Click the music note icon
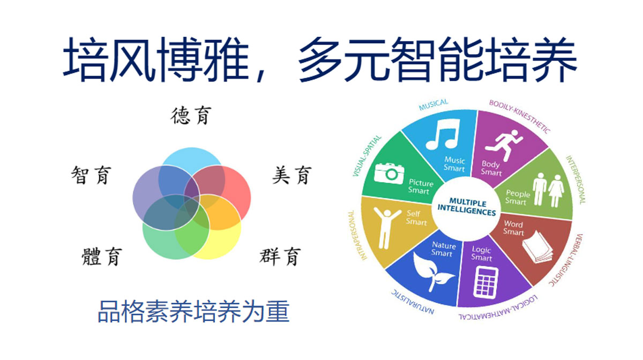pyautogui.click(x=443, y=134)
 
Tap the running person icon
pyautogui.click(x=504, y=146)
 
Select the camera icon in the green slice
pyautogui.click(x=389, y=174)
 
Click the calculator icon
pyautogui.click(x=485, y=283)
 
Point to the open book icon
pyautogui.click(x=537, y=247)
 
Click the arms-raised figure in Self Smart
pyautogui.click(x=386, y=228)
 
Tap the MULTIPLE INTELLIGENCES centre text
pyautogui.click(x=467, y=207)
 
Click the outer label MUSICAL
pyautogui.click(x=433, y=105)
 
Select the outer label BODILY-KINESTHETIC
pyautogui.click(x=520, y=116)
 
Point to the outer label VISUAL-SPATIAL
pyautogui.click(x=367, y=156)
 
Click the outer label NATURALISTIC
pyautogui.click(x=413, y=302)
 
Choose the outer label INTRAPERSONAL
pyautogui.click(x=357, y=235)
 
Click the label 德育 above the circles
pyautogui.click(x=191, y=116)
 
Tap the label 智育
pyautogui.click(x=91, y=175)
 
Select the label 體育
pyautogui.click(x=102, y=257)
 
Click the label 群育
pyautogui.click(x=280, y=257)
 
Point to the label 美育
pyautogui.click(x=291, y=175)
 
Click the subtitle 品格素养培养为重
pyautogui.click(x=193, y=311)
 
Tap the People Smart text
pyautogui.click(x=518, y=197)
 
